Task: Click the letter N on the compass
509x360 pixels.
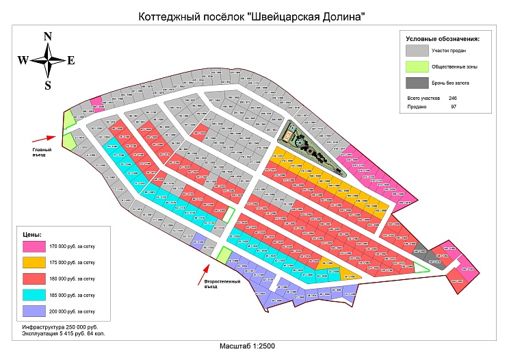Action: pos(48,36)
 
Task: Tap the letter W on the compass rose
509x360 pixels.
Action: pos(23,60)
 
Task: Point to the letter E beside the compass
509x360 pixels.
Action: pos(70,60)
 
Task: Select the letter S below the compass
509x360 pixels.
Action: pos(48,85)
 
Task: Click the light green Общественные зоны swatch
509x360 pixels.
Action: pos(415,66)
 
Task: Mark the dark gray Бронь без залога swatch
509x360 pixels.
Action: pos(415,82)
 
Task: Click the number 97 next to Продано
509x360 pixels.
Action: pos(453,107)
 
